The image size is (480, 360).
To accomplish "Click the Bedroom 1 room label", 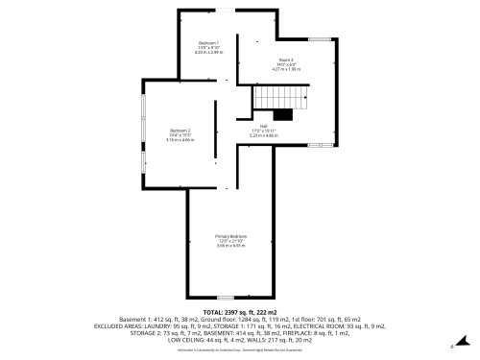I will point(208,43).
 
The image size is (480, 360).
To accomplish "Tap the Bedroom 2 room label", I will point(180,130).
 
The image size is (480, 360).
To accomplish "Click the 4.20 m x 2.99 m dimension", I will point(208,54).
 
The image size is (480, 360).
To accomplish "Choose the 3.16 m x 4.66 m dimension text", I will point(181,140).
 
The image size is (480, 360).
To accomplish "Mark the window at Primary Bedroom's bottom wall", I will point(225,296).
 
